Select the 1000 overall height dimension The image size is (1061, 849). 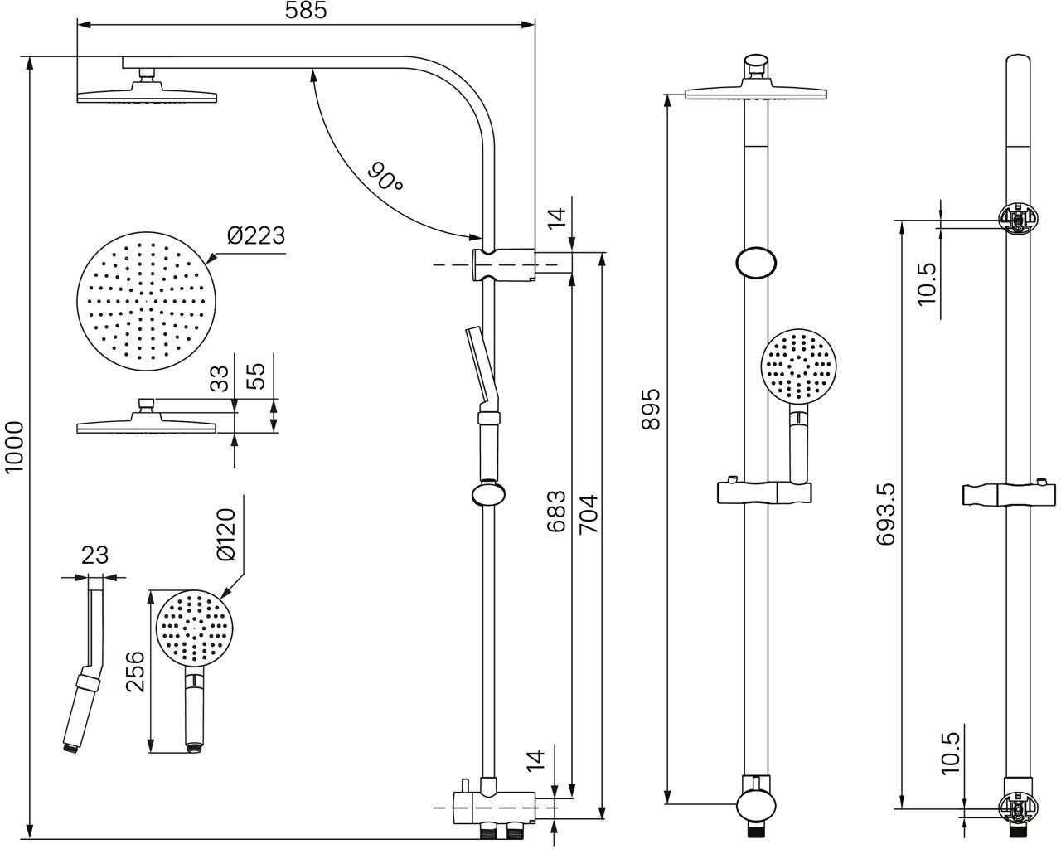[14, 447]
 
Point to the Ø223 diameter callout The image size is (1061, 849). [256, 236]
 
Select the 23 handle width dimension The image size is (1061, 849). [96, 555]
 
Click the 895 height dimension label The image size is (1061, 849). [652, 408]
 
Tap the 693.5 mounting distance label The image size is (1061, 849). [886, 513]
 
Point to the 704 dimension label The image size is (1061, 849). [587, 514]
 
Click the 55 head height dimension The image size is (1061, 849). [257, 377]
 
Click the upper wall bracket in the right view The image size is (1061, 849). [1018, 221]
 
